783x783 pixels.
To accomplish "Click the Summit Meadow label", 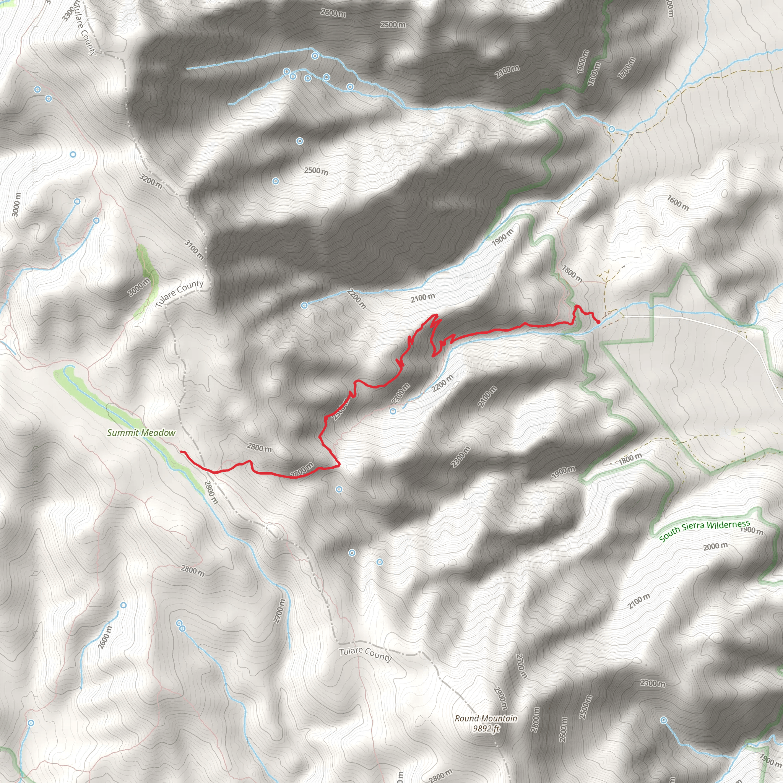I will (x=141, y=432).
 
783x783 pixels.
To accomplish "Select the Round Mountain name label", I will (x=486, y=718).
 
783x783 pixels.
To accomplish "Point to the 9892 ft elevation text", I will (x=486, y=728).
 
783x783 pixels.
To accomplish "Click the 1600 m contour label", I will (x=678, y=203).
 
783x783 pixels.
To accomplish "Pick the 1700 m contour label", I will (x=627, y=68).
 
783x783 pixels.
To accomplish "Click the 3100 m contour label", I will (x=194, y=249).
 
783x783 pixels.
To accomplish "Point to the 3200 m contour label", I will (x=151, y=181).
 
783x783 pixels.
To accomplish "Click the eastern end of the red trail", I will (x=599, y=322).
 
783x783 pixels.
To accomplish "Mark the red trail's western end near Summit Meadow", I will (x=181, y=452).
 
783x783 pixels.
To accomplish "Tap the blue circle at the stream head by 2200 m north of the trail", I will (x=304, y=305).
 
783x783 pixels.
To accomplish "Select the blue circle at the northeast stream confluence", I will (x=612, y=129).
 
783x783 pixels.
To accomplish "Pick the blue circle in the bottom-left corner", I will (x=31, y=723).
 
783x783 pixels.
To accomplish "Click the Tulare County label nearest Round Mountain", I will (x=366, y=653).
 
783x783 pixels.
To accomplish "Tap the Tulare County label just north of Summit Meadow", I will (x=179, y=292).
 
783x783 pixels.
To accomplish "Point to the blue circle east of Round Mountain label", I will (x=664, y=720).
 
